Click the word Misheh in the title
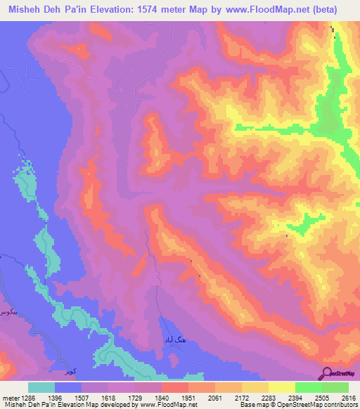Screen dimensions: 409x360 click(x=28, y=10)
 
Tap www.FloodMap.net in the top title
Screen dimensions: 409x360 click(x=268, y=10)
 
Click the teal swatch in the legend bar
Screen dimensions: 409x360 click(x=41, y=387)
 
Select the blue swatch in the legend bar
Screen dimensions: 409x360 click(x=68, y=387)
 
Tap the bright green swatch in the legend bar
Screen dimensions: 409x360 click(x=309, y=387)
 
